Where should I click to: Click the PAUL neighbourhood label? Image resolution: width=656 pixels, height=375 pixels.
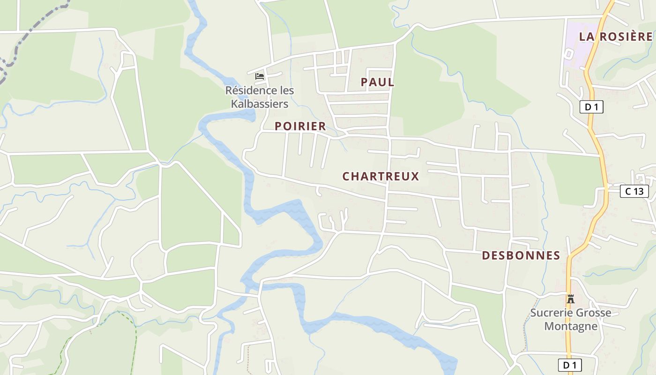(377, 82)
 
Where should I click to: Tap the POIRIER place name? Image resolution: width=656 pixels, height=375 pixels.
(300, 126)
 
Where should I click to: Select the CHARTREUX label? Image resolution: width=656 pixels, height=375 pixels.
(380, 176)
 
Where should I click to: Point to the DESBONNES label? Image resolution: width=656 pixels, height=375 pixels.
(521, 255)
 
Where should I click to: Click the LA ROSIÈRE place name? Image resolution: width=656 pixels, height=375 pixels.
(616, 37)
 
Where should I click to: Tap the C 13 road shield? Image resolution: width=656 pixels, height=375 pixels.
(634, 191)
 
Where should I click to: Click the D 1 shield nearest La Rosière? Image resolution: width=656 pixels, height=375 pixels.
(591, 107)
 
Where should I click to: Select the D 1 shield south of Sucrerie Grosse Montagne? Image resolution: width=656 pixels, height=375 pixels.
(570, 365)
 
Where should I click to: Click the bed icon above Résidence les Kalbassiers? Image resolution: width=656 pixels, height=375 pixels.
(260, 76)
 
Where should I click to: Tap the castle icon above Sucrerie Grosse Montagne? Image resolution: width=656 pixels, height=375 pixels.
(571, 299)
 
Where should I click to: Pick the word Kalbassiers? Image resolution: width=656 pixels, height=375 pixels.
(260, 104)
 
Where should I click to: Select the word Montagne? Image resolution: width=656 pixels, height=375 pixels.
(571, 326)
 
